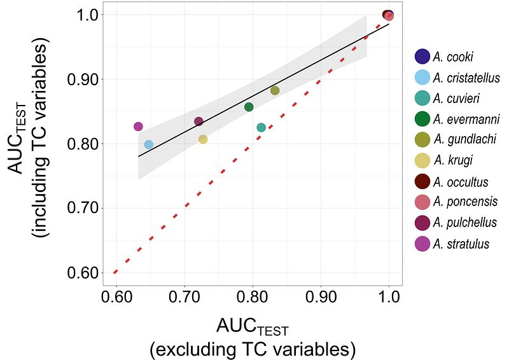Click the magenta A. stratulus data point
tap(138, 127)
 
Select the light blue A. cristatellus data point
tap(148, 144)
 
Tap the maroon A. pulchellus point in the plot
tap(199, 121)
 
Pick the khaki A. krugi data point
tap(203, 139)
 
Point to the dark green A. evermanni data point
tap(249, 107)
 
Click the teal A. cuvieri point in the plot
tap(261, 128)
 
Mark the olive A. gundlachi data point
tap(275, 90)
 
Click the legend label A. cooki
tap(453, 57)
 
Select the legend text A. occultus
tap(461, 182)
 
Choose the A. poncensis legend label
tap(465, 202)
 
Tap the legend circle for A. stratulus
tap(422, 244)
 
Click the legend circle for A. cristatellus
tap(422, 78)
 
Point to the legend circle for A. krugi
tap(422, 160)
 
